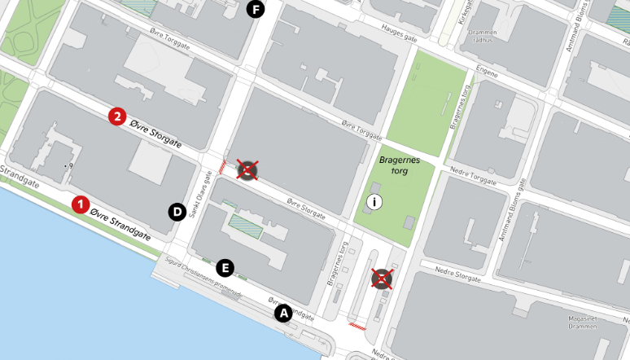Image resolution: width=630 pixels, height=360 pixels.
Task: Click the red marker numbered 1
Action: coord(81,204)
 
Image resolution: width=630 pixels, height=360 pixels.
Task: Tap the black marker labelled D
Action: coord(177,213)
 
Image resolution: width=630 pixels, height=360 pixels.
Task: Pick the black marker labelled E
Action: coord(226,266)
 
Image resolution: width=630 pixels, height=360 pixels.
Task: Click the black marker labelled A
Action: coord(283,313)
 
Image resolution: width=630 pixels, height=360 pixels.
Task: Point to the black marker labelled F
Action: coord(256,10)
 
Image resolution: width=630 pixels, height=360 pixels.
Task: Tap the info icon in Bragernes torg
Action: coord(374,202)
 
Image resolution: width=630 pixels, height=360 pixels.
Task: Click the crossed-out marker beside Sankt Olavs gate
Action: coord(247,169)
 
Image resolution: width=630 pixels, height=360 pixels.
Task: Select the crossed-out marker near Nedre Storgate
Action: coord(382,279)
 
